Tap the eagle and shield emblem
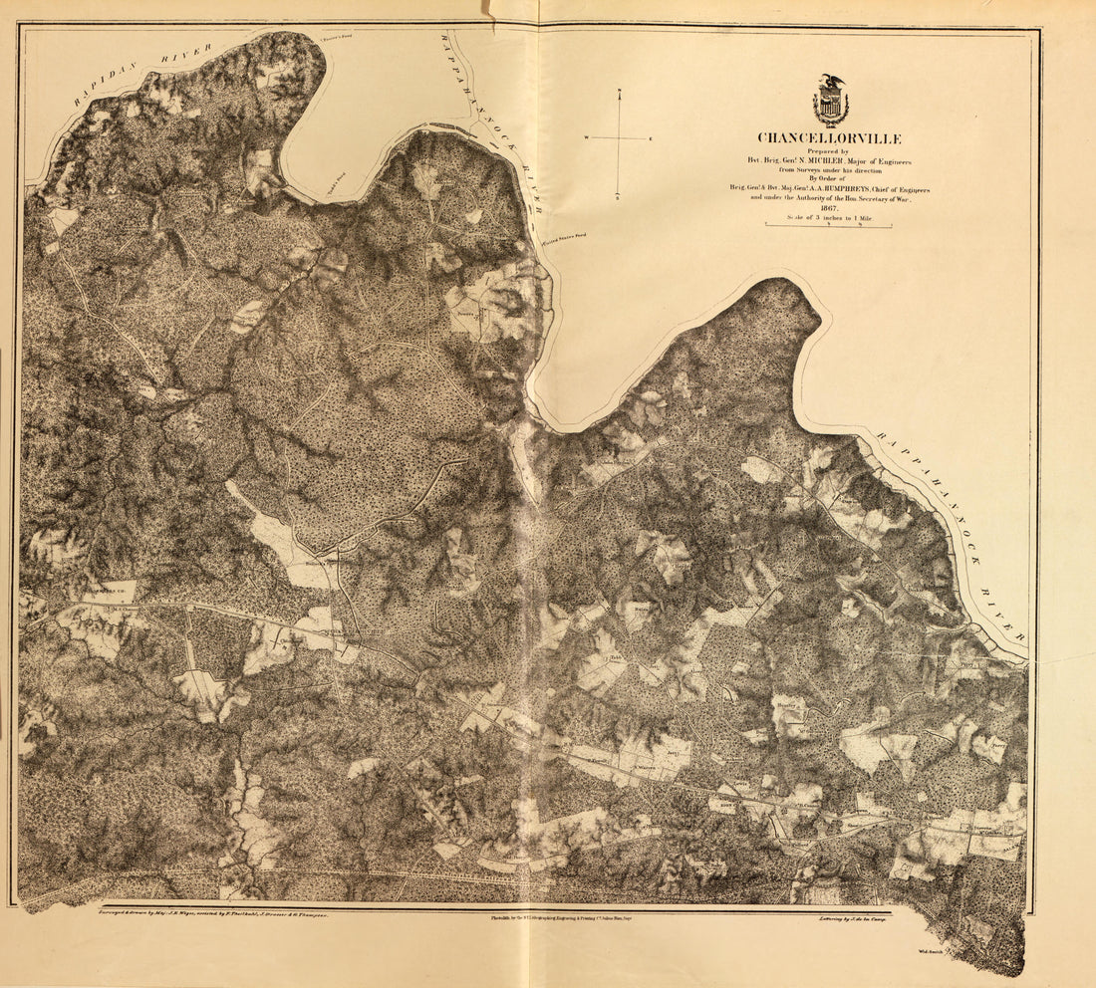point(830,101)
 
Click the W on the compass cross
point(587,137)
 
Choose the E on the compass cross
point(651,137)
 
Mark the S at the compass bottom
point(619,195)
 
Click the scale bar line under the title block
point(827,226)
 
